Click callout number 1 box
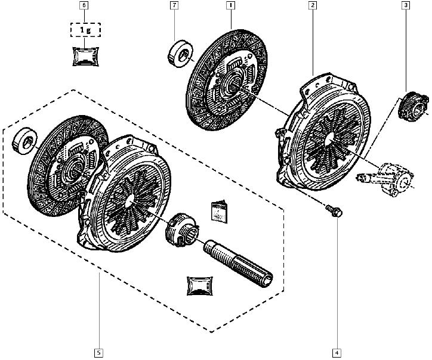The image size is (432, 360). click(230, 5)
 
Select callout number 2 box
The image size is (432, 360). click(313, 5)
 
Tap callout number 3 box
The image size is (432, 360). click(406, 5)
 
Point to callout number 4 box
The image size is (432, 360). click(337, 353)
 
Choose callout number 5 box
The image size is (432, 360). click(98, 353)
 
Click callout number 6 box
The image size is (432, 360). click(84, 5)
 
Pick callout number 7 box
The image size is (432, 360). click(174, 5)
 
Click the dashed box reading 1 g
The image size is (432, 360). click(85, 30)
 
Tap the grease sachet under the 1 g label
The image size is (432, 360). click(86, 57)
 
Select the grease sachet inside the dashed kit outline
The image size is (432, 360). click(200, 286)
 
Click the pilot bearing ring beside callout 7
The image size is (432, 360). click(180, 54)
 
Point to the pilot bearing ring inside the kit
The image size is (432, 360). click(25, 141)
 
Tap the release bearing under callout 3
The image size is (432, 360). click(414, 106)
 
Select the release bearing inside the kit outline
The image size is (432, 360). click(181, 230)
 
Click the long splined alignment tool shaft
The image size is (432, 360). click(238, 263)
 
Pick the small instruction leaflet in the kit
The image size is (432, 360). click(220, 212)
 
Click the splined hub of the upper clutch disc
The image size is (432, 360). click(234, 86)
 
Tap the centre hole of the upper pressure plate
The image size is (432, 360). click(329, 138)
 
